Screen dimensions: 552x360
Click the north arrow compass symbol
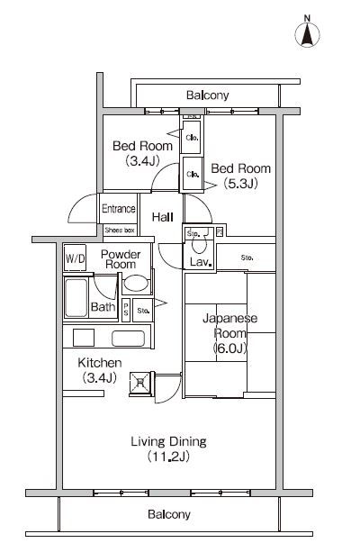308,34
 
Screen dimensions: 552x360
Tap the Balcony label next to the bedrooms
208,95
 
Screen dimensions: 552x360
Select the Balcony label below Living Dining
169,514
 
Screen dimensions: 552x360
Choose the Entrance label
118,209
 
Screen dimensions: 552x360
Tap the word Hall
163,218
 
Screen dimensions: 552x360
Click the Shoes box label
119,231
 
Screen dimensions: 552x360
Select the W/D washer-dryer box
75,260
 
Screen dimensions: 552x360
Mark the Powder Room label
120,259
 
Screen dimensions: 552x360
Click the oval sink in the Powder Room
136,284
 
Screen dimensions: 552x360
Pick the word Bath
103,307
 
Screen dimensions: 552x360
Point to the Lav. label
200,263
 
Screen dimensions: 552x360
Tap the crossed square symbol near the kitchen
140,382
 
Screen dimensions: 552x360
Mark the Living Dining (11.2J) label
169,448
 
